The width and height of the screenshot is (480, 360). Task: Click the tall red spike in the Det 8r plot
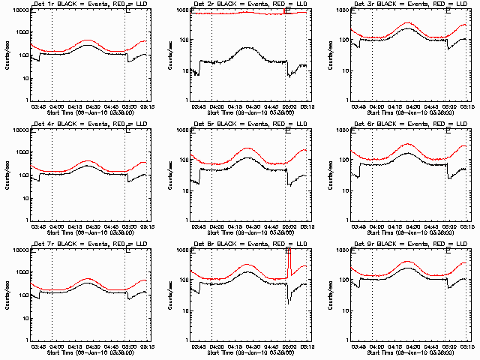pos(288,262)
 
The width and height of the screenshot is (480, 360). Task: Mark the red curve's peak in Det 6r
pos(409,144)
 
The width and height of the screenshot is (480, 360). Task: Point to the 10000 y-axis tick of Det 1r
pos(17,10)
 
